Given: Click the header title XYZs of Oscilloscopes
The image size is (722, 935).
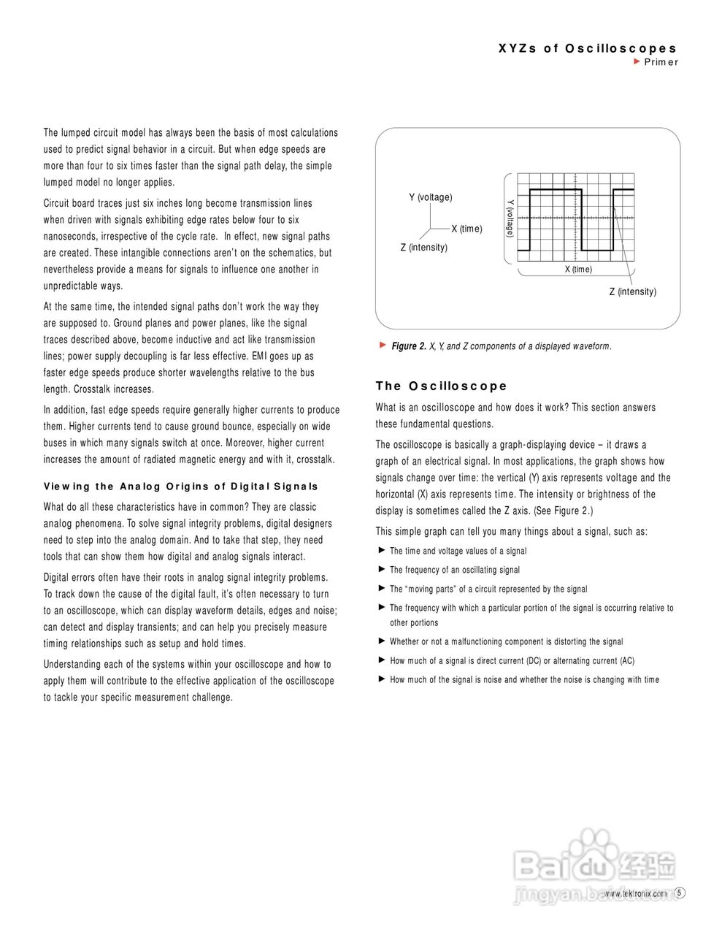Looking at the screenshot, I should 588,49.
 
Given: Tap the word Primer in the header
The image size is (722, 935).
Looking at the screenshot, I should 661,62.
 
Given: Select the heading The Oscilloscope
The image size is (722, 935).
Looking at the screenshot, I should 441,386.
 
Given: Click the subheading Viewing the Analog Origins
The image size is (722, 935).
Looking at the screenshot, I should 181,486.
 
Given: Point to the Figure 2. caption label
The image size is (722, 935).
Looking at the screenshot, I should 409,346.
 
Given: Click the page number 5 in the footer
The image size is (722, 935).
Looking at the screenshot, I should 680,893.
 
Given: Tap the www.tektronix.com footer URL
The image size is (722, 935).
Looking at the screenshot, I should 635,893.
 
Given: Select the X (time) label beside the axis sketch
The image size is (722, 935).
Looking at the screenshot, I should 466,229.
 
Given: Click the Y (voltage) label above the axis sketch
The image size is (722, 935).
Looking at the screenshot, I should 430,198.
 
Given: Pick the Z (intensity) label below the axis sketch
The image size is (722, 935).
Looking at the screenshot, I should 423,248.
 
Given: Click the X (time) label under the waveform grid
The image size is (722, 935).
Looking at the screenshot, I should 578,270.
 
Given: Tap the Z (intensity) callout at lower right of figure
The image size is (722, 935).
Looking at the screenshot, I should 632,292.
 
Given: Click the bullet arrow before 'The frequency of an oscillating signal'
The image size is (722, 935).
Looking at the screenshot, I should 381,569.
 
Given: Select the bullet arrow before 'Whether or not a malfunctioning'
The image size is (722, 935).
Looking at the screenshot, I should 381,641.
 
